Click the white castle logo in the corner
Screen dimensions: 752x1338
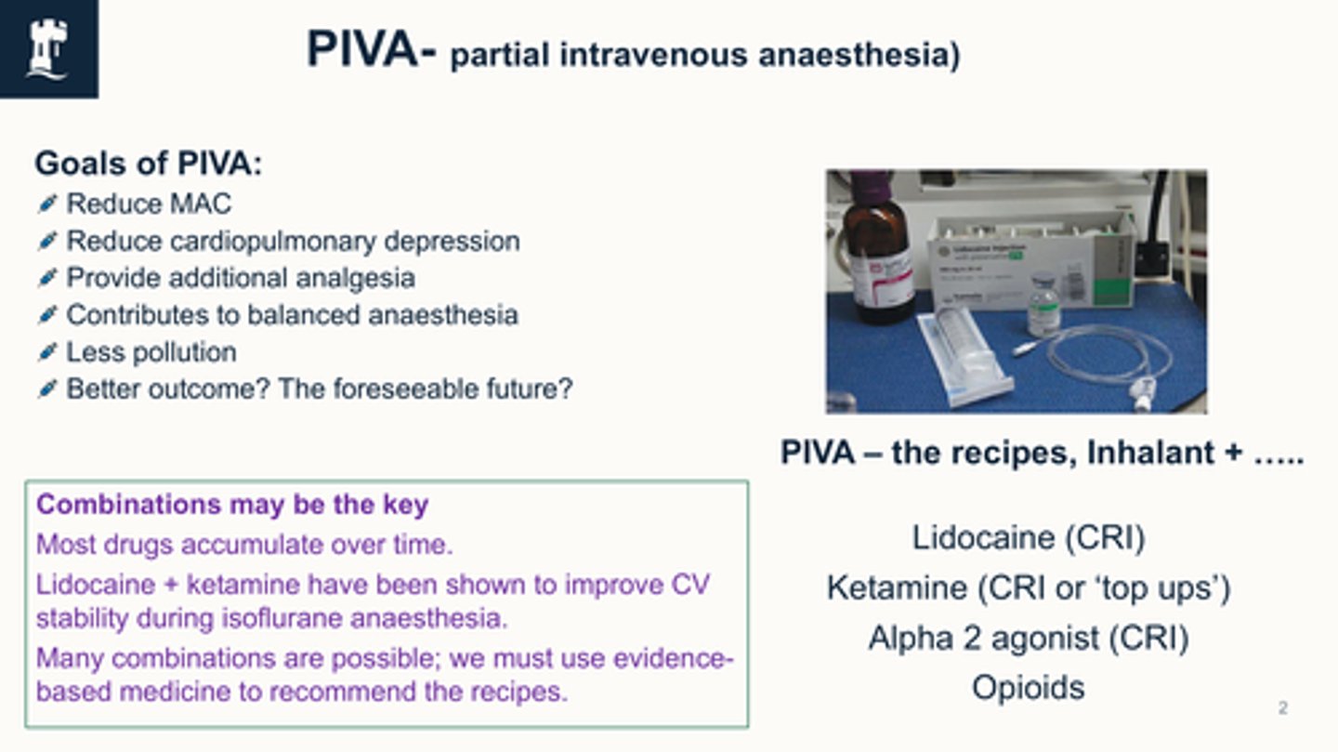point(47,48)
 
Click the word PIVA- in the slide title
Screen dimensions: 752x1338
point(371,51)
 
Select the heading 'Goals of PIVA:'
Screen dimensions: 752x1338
point(148,165)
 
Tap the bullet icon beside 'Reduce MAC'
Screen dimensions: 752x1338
point(47,204)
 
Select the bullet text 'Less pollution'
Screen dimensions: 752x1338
point(151,352)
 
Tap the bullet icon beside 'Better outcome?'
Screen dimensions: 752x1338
point(47,389)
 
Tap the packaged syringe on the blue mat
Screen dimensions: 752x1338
point(962,353)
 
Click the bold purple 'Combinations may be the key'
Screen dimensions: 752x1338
point(232,505)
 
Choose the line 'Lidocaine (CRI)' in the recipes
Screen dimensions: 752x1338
point(1028,537)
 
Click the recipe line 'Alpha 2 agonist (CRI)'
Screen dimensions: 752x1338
point(1028,638)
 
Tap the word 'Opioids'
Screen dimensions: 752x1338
point(1028,688)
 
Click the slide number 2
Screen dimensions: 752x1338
point(1283,709)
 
